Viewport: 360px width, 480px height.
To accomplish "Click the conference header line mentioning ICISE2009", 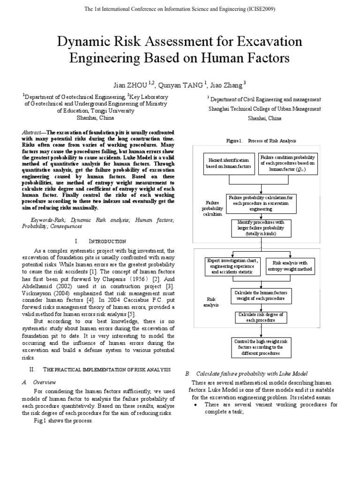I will point(180,9).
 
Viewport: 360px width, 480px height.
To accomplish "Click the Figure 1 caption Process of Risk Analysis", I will point(261,141).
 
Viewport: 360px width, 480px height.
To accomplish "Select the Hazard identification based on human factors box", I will point(228,163).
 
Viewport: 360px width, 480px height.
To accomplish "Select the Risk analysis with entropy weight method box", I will point(290,266).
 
